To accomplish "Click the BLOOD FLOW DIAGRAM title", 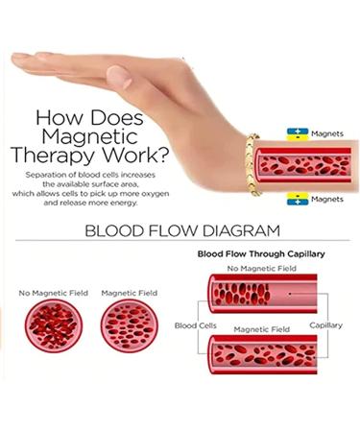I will [x=181, y=230].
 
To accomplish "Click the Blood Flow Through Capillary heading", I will [x=260, y=254].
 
